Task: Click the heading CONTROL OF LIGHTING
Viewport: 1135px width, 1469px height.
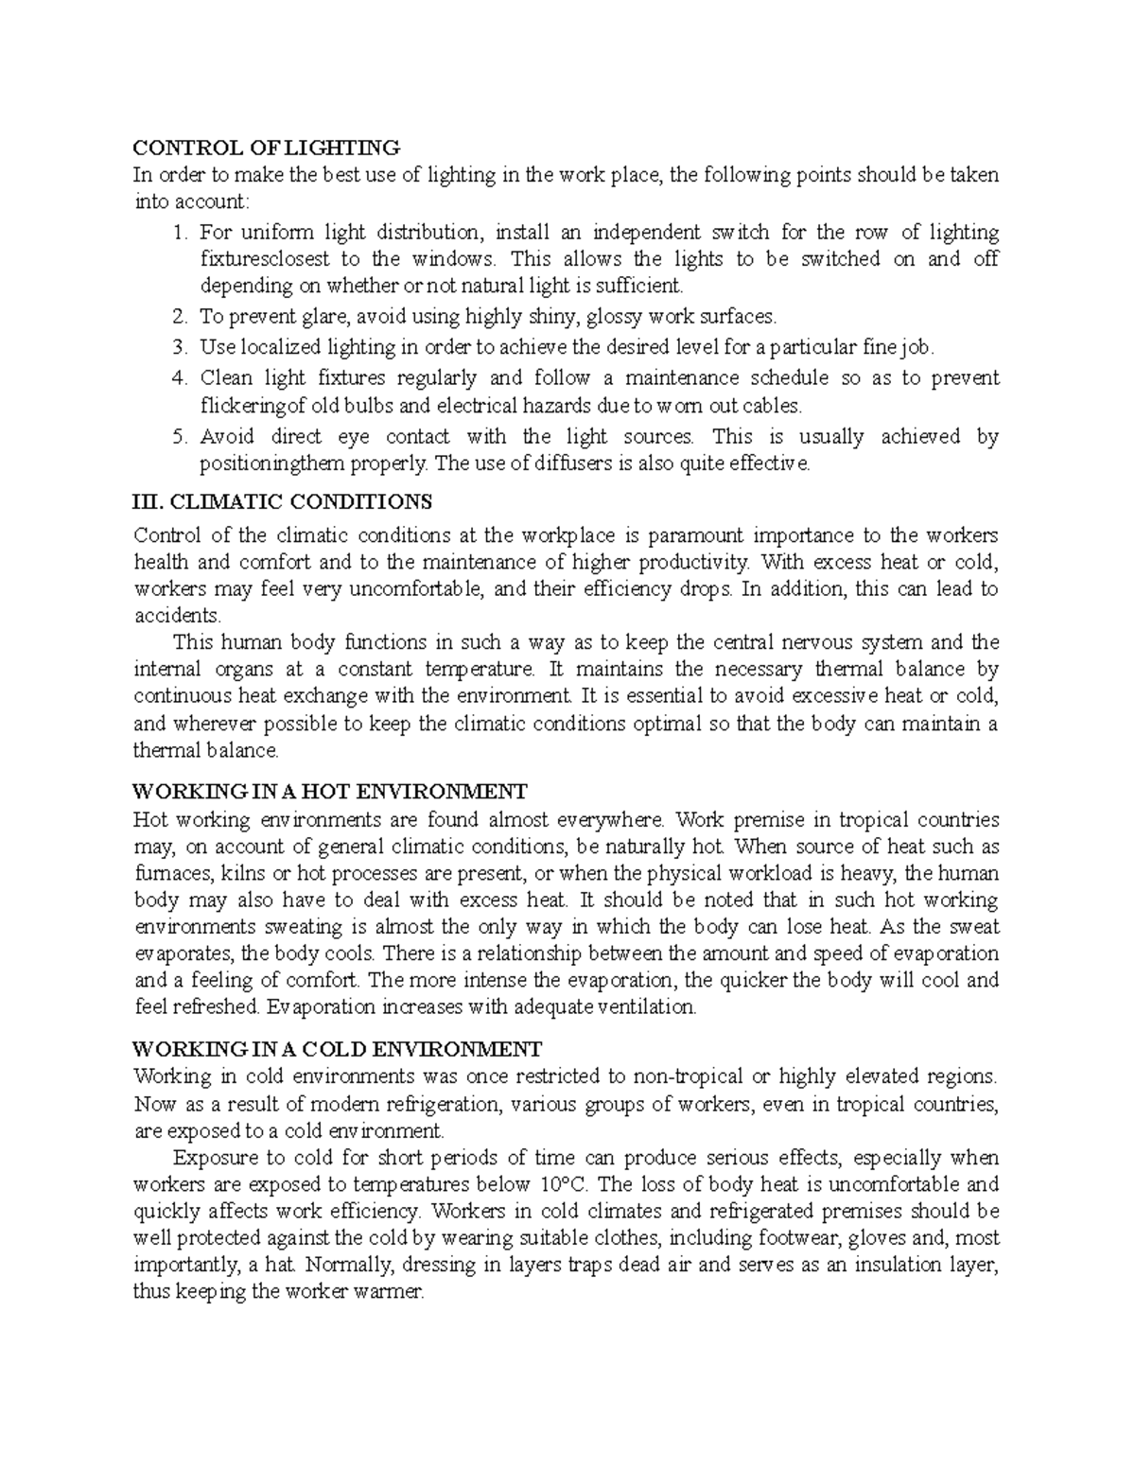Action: [x=267, y=148]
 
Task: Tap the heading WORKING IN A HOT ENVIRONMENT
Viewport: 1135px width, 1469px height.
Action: [x=329, y=791]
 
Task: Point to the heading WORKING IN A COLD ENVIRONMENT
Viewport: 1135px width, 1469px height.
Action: [x=338, y=1048]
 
